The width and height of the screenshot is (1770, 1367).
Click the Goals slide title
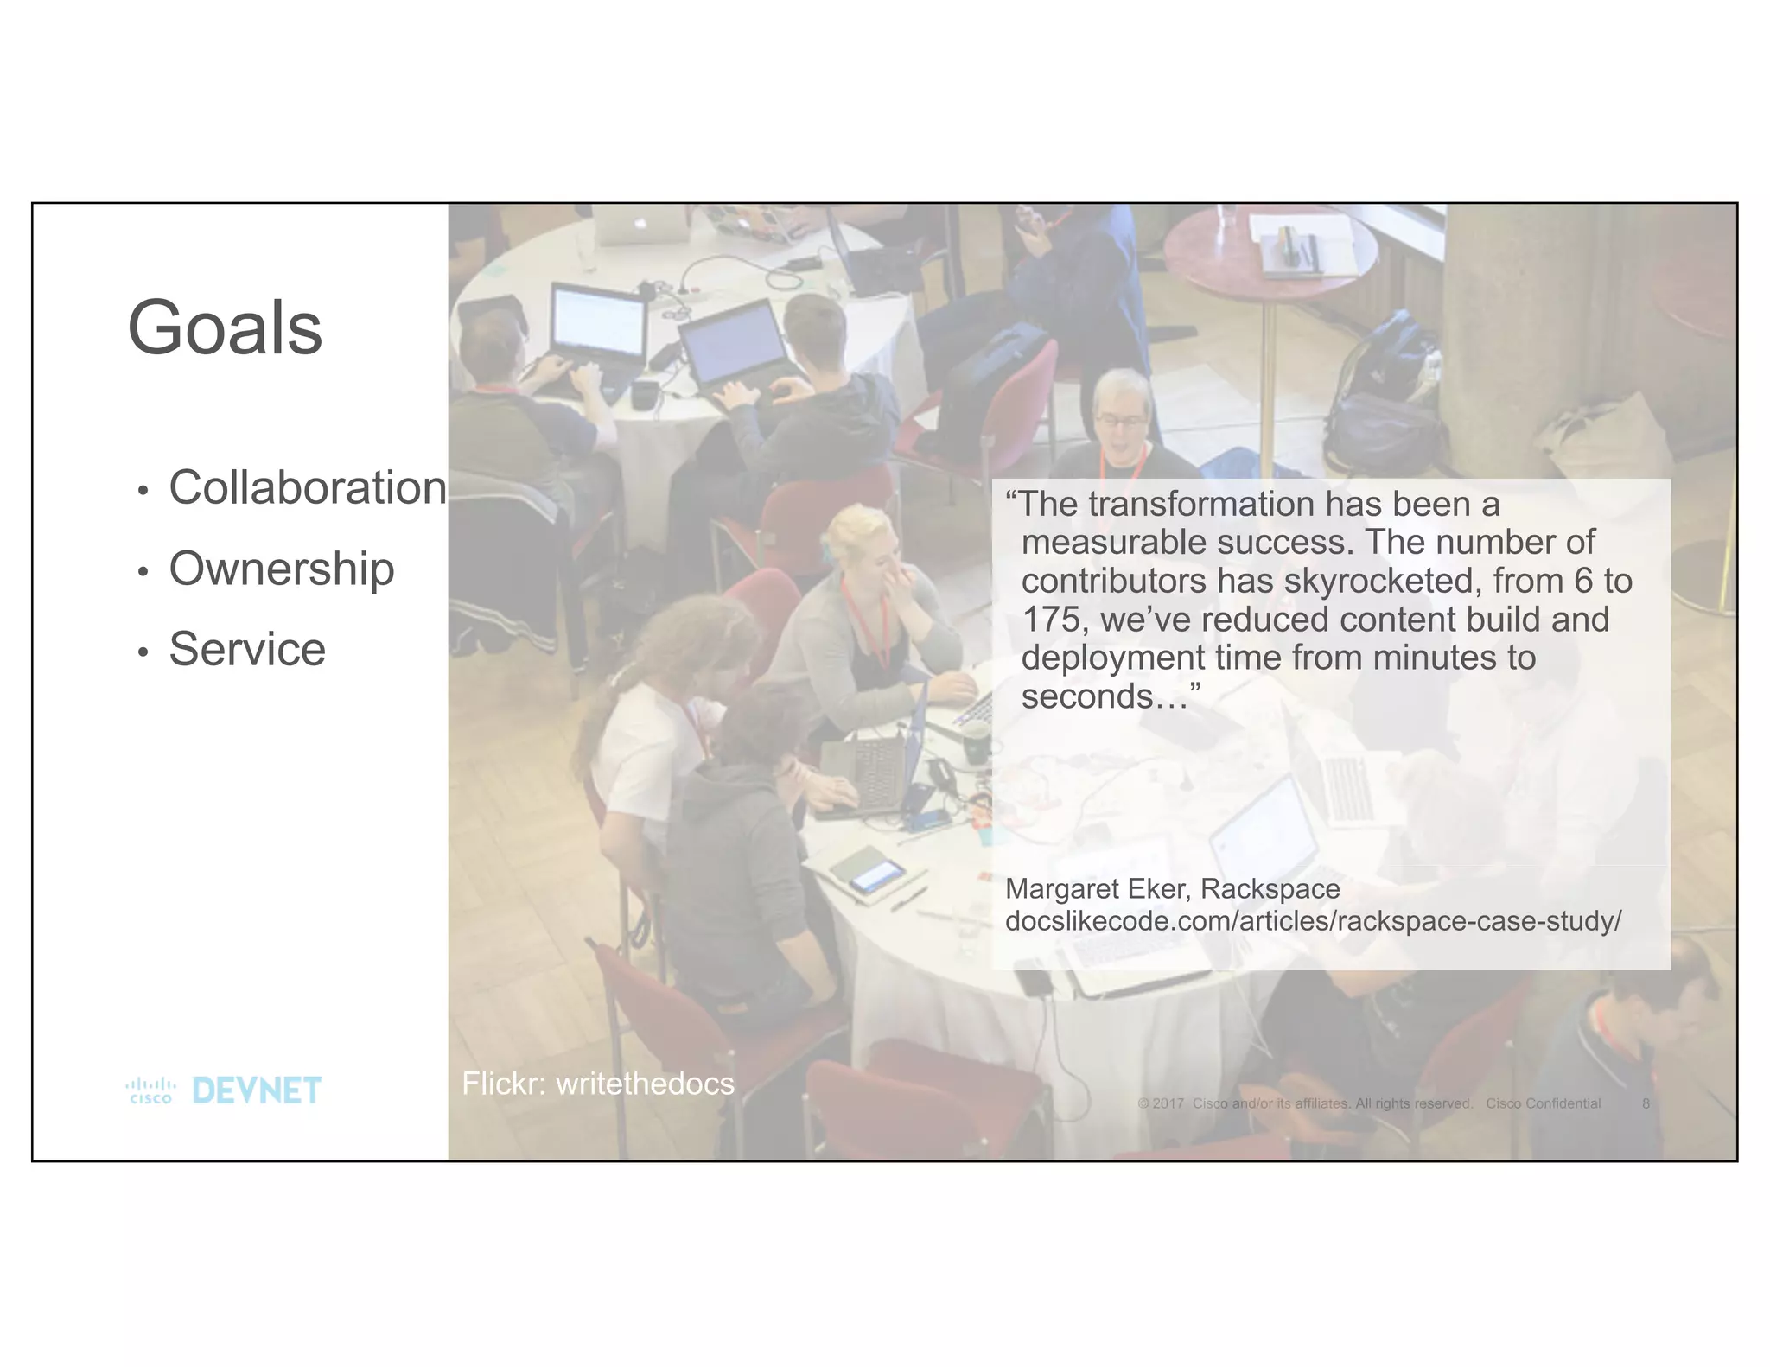click(x=225, y=328)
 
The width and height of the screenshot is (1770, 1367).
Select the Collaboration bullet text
click(x=307, y=487)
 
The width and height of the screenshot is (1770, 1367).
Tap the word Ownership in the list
click(x=281, y=569)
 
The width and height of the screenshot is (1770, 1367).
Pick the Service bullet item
click(x=247, y=649)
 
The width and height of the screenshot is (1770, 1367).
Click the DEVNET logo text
click(x=257, y=1090)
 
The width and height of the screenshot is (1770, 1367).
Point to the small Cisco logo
click(x=150, y=1090)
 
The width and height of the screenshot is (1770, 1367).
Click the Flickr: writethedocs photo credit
click(x=597, y=1084)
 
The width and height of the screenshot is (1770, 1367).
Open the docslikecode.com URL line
click(x=1313, y=921)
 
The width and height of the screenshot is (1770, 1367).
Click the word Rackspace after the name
click(x=1270, y=888)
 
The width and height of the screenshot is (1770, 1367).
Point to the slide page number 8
click(x=1646, y=1103)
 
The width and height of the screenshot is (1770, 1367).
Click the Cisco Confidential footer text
click(x=1543, y=1103)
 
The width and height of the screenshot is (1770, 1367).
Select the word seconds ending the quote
click(x=1086, y=696)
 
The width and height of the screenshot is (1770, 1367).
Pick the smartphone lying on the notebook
click(x=875, y=875)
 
